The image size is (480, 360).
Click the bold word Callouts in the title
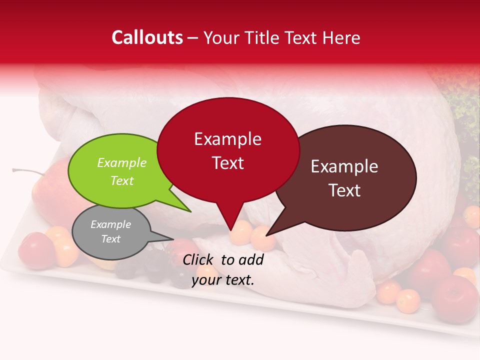(x=147, y=37)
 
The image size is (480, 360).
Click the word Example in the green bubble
(x=122, y=162)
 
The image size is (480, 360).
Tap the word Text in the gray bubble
(x=111, y=239)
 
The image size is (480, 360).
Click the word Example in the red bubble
(x=227, y=139)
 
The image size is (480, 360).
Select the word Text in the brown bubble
(x=344, y=190)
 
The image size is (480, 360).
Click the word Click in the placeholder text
(x=198, y=259)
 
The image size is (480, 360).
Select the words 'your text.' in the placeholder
(x=223, y=280)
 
